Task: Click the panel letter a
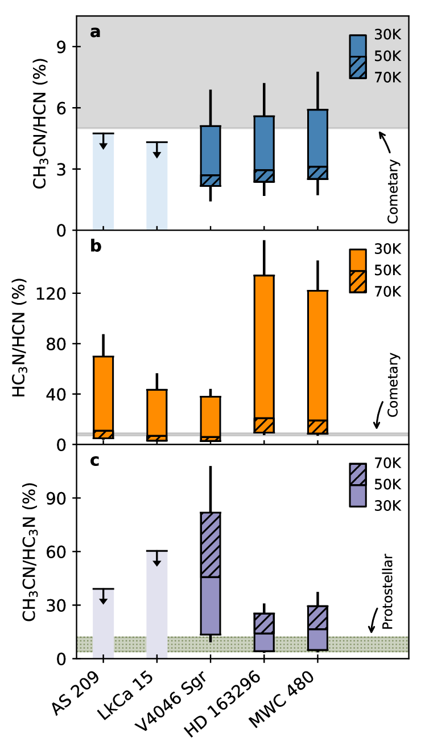point(95,32)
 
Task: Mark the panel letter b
point(96,247)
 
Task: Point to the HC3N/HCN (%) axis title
point(20,337)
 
